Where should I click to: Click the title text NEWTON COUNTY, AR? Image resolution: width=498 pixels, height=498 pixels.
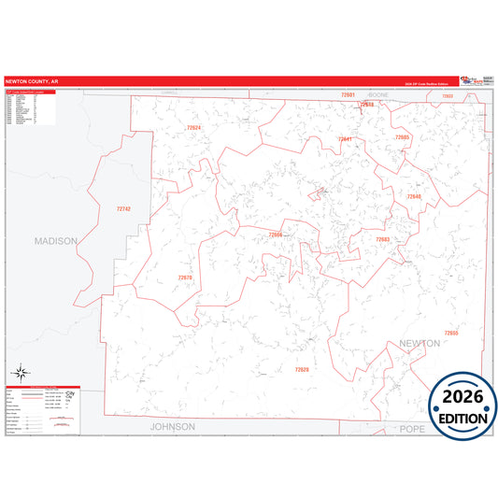31,80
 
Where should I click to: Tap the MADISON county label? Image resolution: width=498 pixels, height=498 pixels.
55,240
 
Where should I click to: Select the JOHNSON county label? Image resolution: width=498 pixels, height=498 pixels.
173,426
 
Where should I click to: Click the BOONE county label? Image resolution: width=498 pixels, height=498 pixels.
377,95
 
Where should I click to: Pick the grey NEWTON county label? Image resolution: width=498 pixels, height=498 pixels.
420,344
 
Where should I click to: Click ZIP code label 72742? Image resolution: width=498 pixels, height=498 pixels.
123,209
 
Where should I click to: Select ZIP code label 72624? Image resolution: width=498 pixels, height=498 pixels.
192,127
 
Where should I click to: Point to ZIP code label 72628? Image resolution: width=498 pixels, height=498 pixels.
302,370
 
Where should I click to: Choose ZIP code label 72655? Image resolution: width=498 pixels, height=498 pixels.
451,333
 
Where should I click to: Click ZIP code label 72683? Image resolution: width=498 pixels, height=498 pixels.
382,239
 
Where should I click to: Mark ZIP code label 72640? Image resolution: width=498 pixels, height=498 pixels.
414,196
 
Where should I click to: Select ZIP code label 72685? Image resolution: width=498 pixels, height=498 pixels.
403,137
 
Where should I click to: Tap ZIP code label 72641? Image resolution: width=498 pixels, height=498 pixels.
345,139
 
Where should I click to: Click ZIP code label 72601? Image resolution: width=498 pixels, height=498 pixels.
348,95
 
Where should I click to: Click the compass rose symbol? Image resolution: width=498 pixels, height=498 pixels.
20,376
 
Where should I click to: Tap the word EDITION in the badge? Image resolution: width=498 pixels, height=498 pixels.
463,418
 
